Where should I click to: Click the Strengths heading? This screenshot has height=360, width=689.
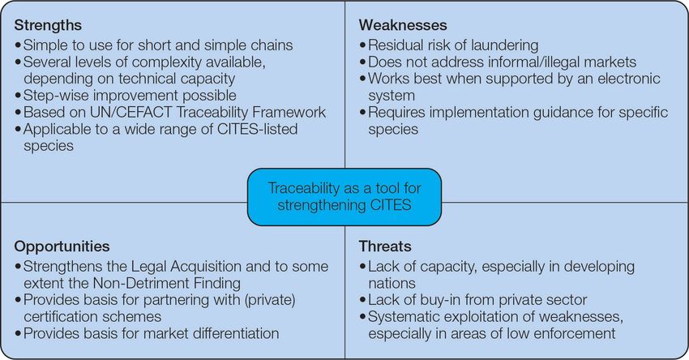[x=48, y=25]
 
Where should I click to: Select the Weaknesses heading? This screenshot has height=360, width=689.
[x=403, y=25]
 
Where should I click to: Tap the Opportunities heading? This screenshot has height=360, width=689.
[x=62, y=246]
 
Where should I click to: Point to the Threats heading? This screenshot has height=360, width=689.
[x=385, y=246]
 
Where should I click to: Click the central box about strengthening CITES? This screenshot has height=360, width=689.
[x=344, y=197]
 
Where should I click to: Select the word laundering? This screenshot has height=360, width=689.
[x=499, y=45]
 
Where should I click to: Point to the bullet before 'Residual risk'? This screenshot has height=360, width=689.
[x=362, y=45]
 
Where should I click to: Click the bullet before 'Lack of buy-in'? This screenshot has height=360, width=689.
[x=362, y=301]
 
